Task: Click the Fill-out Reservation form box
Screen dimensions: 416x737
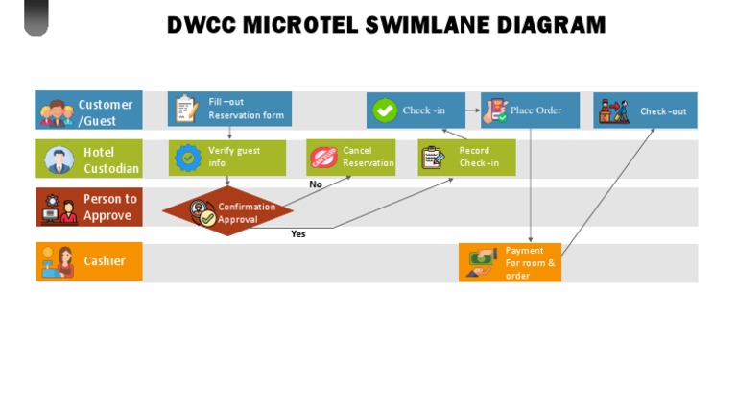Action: (229, 109)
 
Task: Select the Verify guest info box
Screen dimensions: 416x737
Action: (227, 158)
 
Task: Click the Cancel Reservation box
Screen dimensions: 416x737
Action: (350, 158)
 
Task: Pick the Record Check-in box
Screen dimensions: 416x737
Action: (466, 158)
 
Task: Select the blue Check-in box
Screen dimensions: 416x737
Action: (416, 110)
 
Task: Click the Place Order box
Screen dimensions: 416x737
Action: (530, 110)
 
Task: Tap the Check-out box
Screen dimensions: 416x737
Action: (645, 110)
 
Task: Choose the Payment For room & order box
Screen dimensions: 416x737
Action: (510, 262)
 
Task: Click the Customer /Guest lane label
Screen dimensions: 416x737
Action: (88, 111)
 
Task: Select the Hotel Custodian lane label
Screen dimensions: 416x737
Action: (88, 159)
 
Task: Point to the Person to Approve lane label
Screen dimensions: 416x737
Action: (88, 207)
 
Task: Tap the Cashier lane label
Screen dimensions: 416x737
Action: (88, 261)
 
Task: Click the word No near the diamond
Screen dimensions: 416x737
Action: (315, 184)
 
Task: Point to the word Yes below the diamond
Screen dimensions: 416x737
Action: (298, 234)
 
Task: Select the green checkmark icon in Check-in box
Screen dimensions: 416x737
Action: (385, 110)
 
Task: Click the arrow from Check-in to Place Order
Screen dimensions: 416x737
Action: (473, 110)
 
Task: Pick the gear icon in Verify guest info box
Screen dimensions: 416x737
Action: (188, 157)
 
